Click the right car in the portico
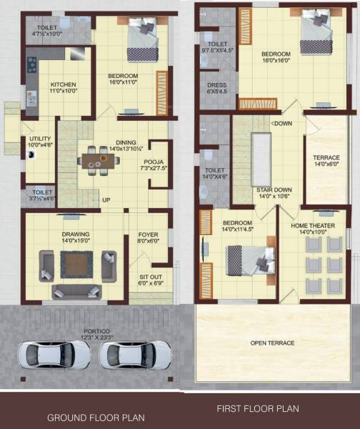pyautogui.click(x=136, y=354)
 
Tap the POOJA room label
pyautogui.click(x=154, y=162)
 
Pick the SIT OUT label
pyautogui.click(x=149, y=280)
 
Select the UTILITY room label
pyautogui.click(x=39, y=140)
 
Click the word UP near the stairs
pyautogui.click(x=106, y=199)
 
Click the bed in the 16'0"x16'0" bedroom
pyautogui.click(x=315, y=32)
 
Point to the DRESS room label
pyautogui.click(x=216, y=87)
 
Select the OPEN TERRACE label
pyautogui.click(x=272, y=343)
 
